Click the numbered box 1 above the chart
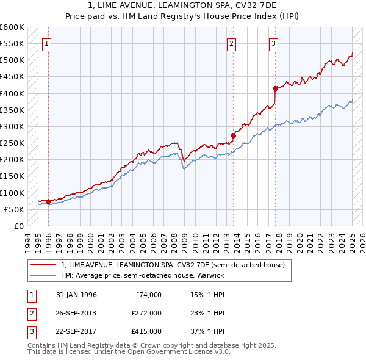(x=47, y=43)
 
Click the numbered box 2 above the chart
(x=232, y=43)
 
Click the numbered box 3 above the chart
(x=274, y=43)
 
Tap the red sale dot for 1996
(x=48, y=201)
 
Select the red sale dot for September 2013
(x=233, y=135)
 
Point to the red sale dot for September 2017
(x=275, y=88)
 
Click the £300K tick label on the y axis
(x=12, y=126)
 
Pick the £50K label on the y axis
(x=14, y=209)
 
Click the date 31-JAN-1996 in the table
(x=76, y=295)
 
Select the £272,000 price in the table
(x=146, y=313)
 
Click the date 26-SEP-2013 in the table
(x=76, y=313)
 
